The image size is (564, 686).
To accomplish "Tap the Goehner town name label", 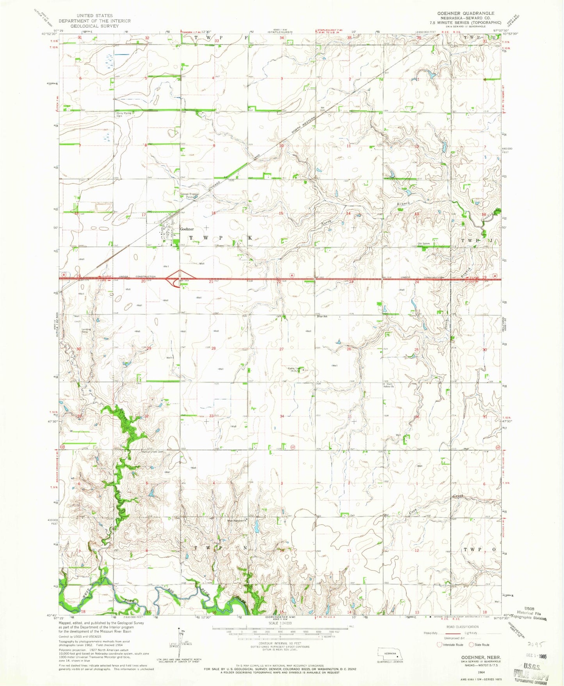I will [x=187, y=229].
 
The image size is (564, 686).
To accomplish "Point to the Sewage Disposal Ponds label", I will [x=190, y=195].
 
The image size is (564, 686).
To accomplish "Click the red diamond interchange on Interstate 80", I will [x=174, y=278].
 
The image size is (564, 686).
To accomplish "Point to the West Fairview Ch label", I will [x=237, y=520].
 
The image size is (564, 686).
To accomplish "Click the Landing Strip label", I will [x=86, y=331].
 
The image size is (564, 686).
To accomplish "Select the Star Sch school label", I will [x=322, y=316].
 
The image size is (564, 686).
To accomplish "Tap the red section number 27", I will [x=281, y=349].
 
